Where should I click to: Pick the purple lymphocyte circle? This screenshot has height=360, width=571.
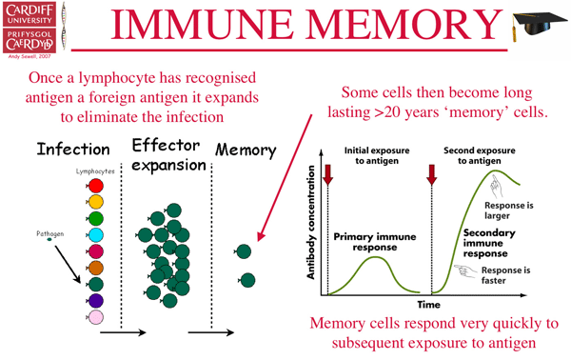[x=94, y=300]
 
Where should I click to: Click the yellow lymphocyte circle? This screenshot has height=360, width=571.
[x=94, y=202]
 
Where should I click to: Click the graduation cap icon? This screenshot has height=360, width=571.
[x=533, y=29]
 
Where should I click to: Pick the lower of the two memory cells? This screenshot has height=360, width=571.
[x=247, y=280]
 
